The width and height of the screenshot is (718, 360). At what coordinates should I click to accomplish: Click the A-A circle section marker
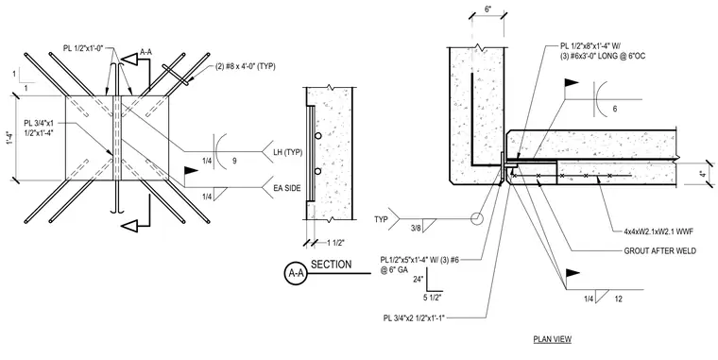pyautogui.click(x=296, y=273)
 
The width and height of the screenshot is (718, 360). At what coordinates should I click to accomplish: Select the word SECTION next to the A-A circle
pyautogui.click(x=331, y=265)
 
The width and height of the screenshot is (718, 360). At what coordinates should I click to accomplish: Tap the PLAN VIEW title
pyautogui.click(x=553, y=339)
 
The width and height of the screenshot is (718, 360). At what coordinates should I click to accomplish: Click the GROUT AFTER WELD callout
pyautogui.click(x=659, y=251)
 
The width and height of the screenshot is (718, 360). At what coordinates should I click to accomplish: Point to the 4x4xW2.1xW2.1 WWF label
pyautogui.click(x=658, y=231)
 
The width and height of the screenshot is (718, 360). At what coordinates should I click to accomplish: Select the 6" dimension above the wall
pyautogui.click(x=487, y=9)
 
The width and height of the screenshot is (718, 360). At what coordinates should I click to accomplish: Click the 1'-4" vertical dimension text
pyautogui.click(x=8, y=138)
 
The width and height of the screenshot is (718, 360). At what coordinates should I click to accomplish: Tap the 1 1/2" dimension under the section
pyautogui.click(x=334, y=243)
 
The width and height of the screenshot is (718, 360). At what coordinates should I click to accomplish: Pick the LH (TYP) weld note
pyautogui.click(x=287, y=152)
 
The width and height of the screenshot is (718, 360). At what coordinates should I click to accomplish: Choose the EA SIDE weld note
pyautogui.click(x=287, y=188)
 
